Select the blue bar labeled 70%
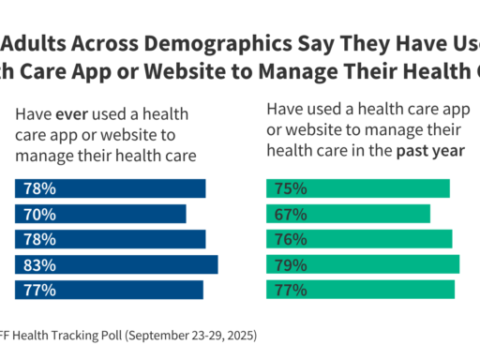(x=100, y=214)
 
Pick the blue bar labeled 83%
(x=116, y=264)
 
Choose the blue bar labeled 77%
(x=109, y=290)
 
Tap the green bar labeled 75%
(x=358, y=188)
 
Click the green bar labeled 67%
(x=348, y=214)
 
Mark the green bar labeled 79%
(x=363, y=264)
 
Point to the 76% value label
(x=290, y=239)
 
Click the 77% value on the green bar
(x=290, y=290)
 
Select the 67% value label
(x=290, y=214)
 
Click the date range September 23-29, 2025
(x=191, y=335)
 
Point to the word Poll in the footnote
(x=108, y=335)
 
